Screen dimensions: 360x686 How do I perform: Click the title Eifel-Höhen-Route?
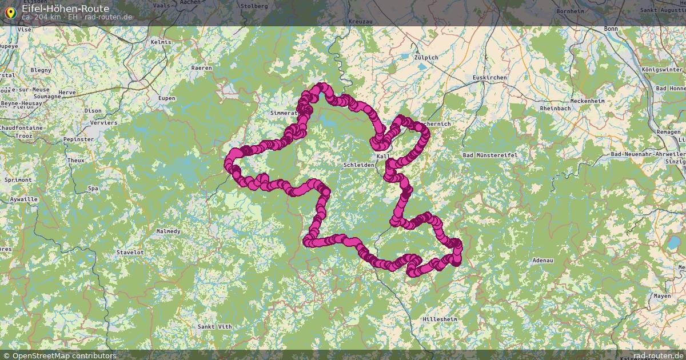tap(65, 9)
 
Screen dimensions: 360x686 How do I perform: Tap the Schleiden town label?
tap(358, 165)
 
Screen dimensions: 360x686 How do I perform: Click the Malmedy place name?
tap(168, 231)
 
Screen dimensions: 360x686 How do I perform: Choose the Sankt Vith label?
tap(214, 326)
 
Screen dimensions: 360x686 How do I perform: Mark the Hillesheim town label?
tap(440, 318)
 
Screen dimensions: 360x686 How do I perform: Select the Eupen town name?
tap(167, 98)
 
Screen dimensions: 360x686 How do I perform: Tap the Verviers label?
tap(103, 122)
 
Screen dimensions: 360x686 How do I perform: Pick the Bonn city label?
tap(611, 29)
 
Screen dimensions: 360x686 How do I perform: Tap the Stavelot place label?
tap(130, 252)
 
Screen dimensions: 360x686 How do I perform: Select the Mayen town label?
tap(662, 296)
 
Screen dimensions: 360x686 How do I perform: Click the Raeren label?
tap(201, 67)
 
